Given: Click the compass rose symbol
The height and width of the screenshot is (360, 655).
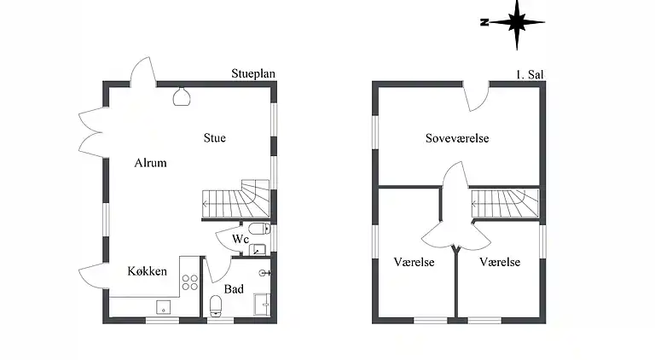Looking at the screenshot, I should point(516,23).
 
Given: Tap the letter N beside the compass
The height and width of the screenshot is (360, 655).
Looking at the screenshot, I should point(484,23).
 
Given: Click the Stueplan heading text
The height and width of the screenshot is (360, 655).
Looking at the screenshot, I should point(253,74).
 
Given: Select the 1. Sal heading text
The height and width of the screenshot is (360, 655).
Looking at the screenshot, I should point(530,74).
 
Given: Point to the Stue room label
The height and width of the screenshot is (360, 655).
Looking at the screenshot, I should point(215,137).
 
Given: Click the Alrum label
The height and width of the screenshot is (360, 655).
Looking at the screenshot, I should point(150,163).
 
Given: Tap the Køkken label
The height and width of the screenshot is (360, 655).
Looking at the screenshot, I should point(147,271).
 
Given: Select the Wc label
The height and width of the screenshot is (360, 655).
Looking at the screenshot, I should point(241,241).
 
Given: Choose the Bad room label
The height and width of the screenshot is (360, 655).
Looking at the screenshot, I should point(234,289).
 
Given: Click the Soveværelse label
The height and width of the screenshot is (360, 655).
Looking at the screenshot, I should point(457,138).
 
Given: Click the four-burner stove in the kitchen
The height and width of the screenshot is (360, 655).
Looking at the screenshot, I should point(190,282).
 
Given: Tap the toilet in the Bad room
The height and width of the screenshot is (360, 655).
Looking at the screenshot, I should point(215,305).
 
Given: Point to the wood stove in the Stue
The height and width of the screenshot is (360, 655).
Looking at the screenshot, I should point(181,96).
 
